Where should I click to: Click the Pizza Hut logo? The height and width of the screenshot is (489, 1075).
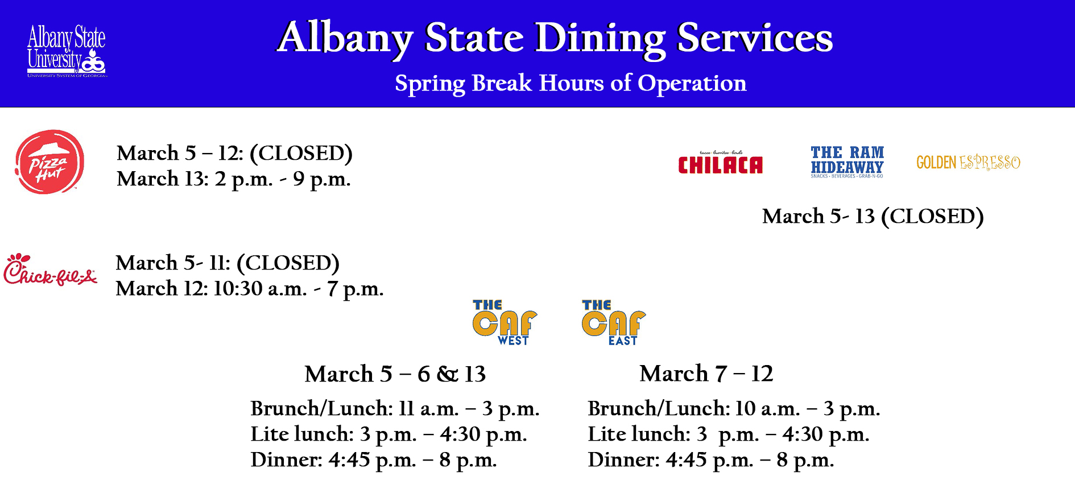[x=49, y=161]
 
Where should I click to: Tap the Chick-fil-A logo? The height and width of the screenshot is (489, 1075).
[x=50, y=270]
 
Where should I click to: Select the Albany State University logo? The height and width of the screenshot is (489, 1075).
[x=67, y=51]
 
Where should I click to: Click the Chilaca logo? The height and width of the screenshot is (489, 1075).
[x=720, y=162]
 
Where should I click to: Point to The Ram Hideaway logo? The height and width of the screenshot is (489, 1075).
[x=847, y=161]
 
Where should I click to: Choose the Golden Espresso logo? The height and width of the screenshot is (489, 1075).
[x=968, y=163]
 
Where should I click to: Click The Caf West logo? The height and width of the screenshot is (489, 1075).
[x=505, y=322]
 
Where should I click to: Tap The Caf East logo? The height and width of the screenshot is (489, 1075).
[x=614, y=322]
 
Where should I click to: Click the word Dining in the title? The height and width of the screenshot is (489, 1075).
[x=600, y=39]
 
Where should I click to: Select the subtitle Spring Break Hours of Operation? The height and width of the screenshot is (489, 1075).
[x=570, y=83]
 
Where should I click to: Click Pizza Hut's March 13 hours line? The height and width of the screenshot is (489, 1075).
[x=234, y=179]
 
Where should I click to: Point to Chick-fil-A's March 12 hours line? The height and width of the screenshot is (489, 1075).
[x=250, y=289]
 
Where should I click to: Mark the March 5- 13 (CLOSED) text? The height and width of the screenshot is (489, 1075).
[x=873, y=217]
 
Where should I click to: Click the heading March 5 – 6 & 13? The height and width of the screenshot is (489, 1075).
[x=395, y=374]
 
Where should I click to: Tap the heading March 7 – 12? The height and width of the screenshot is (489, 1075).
[x=706, y=374]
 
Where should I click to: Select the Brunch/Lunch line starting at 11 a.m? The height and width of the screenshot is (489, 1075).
[x=395, y=409]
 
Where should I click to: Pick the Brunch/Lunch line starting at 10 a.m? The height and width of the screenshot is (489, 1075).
[x=734, y=409]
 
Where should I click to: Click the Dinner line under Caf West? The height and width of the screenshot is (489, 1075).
[x=374, y=460]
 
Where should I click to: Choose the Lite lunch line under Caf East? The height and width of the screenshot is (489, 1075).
[x=729, y=434]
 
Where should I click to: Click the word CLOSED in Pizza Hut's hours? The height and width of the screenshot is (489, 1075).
[x=301, y=154]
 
